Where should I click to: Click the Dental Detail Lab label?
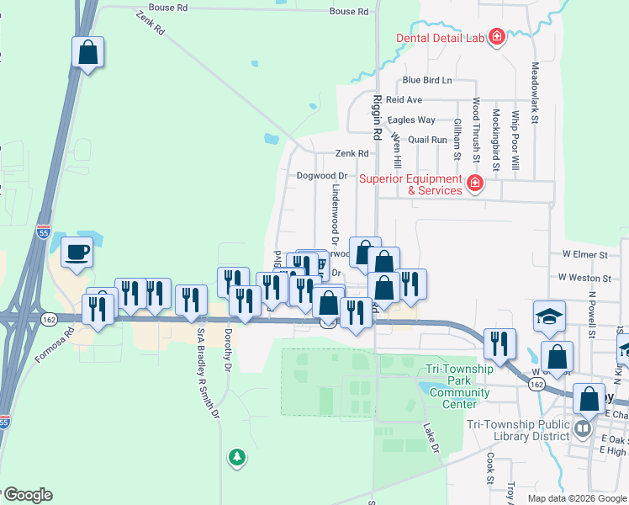click(x=441, y=37)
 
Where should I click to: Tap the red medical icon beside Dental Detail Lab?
click(x=497, y=37)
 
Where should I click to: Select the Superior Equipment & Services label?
click(x=410, y=184)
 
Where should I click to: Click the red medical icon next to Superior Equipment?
click(x=475, y=183)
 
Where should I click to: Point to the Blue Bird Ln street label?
click(x=426, y=80)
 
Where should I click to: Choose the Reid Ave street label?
click(x=404, y=99)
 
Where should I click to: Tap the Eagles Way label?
click(x=411, y=120)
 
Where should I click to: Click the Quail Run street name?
click(x=427, y=139)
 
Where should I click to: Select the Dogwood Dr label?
click(x=321, y=176)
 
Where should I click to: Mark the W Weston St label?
click(x=584, y=278)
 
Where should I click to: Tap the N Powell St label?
click(x=592, y=315)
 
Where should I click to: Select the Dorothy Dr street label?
click(x=228, y=349)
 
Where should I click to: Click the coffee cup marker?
click(x=77, y=252)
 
